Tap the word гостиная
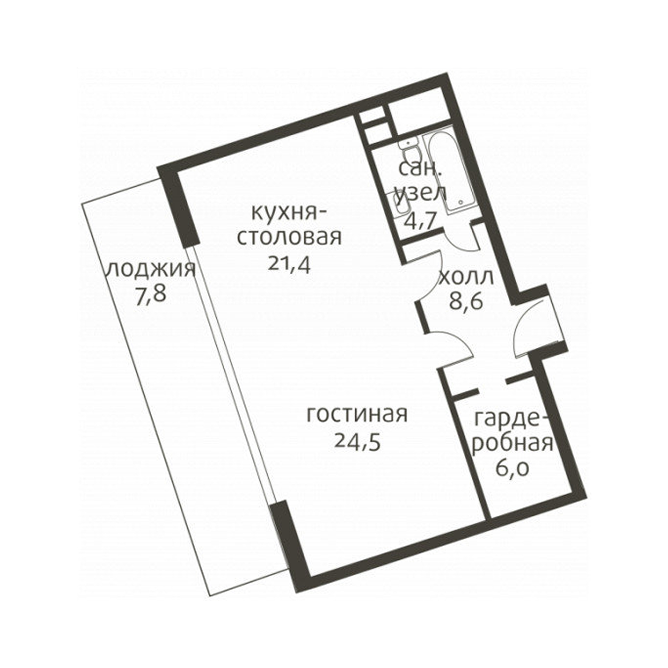(357, 415)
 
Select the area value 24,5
(358, 442)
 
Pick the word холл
(466, 277)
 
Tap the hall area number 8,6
(466, 302)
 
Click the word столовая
(289, 237)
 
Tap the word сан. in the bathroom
(417, 169)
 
